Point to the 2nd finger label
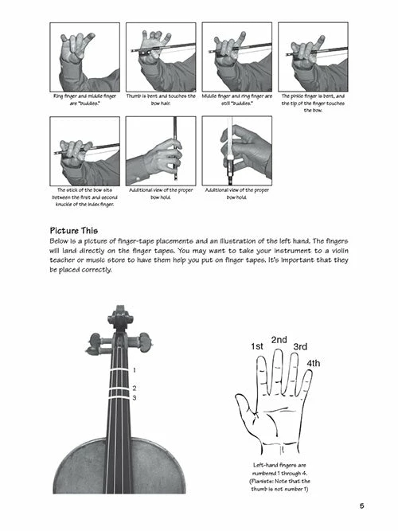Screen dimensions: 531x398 tap(279, 339)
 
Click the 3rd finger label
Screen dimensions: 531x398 tap(300, 346)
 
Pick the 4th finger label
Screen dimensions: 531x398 tap(314, 364)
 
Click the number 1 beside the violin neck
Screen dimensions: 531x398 tap(135, 370)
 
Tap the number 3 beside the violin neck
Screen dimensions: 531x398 tap(135, 397)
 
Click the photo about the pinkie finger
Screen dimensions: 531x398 tap(311, 57)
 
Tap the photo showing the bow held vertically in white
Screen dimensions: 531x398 tap(236, 151)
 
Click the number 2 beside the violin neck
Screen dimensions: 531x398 tap(135, 388)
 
